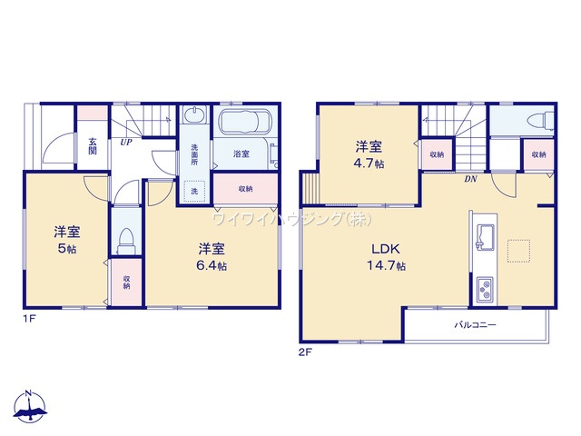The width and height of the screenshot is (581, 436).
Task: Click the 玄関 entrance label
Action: [93, 146]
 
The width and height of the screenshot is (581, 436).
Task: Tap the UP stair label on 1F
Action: [125, 142]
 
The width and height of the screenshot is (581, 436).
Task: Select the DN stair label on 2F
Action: [470, 179]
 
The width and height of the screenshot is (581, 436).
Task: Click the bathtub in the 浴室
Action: [246, 121]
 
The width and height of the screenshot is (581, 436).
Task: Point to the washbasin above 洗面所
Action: [195, 114]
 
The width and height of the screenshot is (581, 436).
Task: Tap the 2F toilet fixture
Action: [540, 122]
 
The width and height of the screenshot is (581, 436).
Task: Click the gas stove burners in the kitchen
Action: [484, 289]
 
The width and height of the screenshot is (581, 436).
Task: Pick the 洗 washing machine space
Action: [194, 191]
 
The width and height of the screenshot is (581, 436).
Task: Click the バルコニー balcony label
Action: [475, 325]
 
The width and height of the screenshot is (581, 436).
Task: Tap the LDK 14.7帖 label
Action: [386, 257]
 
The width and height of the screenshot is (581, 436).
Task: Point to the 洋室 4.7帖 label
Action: [369, 154]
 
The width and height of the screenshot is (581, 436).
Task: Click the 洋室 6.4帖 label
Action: [212, 257]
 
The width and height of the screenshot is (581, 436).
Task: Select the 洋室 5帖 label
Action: [67, 240]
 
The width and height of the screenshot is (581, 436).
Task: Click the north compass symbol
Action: [30, 406]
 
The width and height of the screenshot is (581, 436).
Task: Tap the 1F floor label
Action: [29, 319]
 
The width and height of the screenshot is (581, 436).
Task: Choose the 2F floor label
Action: [305, 352]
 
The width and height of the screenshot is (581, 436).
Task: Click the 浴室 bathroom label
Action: [241, 154]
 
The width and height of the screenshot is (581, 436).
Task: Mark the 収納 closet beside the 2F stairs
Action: [438, 154]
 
